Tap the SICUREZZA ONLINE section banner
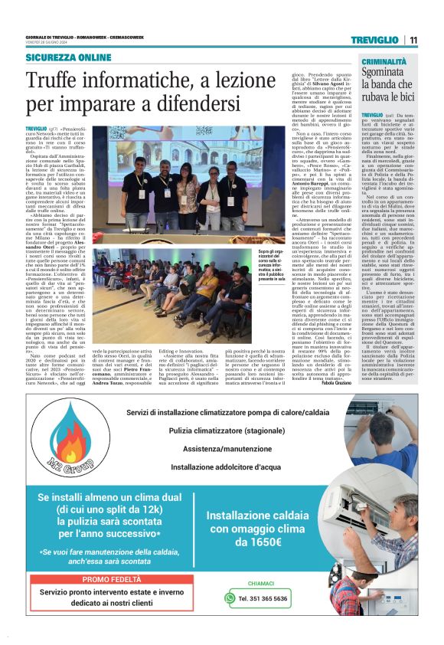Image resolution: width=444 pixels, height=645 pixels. pyautogui.click(x=68, y=57)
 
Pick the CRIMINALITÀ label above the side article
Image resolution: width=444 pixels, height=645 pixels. pyautogui.click(x=384, y=61)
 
